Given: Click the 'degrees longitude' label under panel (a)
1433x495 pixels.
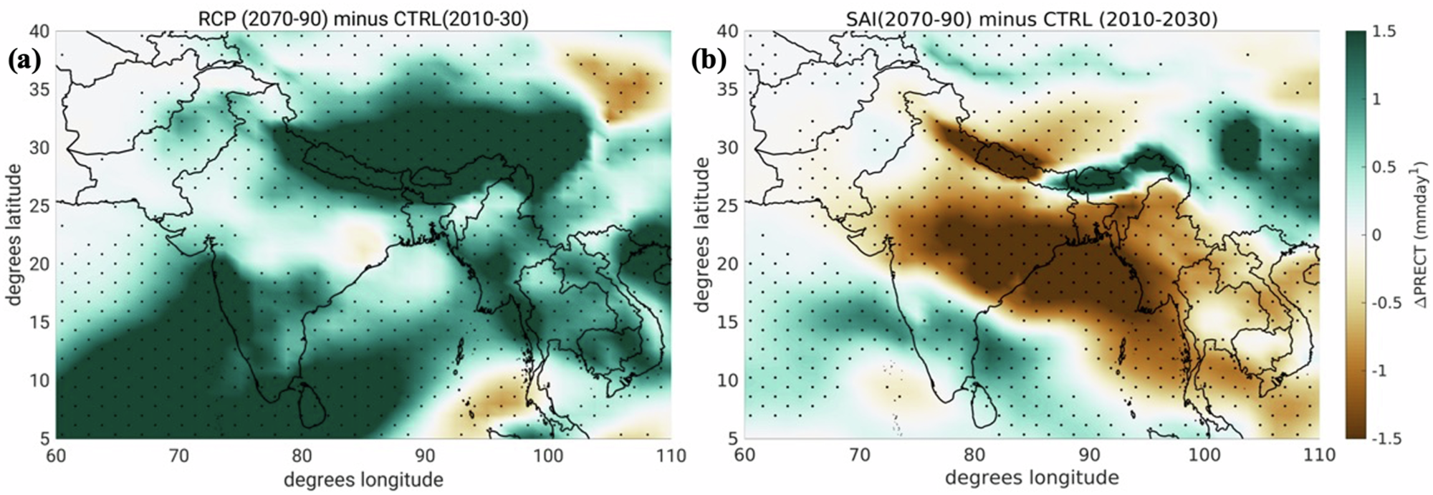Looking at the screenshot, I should point(363,479).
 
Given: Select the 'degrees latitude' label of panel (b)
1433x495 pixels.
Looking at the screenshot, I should point(703,235).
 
